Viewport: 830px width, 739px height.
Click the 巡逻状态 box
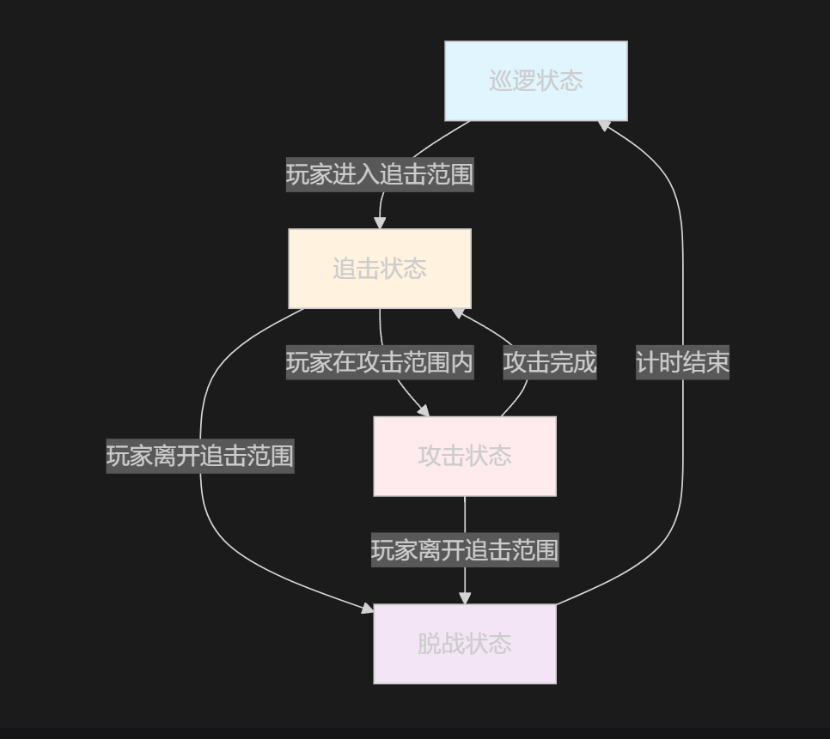[x=535, y=81]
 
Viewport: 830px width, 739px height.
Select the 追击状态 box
[x=379, y=269]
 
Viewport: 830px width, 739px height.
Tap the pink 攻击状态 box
[x=464, y=456]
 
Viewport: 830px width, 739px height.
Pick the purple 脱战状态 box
[x=464, y=644]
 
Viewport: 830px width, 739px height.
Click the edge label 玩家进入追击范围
[x=379, y=175]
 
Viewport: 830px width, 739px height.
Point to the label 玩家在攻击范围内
[x=379, y=362]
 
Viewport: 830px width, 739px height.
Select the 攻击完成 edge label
[x=549, y=362]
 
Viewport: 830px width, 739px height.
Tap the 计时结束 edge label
[x=682, y=362]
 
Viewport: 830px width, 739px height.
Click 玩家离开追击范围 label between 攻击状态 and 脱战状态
[x=464, y=550]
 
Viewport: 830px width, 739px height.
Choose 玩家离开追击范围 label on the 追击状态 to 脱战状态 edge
[x=199, y=456]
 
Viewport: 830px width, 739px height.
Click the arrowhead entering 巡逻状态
[x=604, y=125]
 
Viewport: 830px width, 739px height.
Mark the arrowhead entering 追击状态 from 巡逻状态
[x=379, y=223]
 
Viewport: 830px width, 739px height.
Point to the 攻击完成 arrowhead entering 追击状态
[x=459, y=313]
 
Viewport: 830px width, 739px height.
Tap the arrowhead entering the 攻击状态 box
[x=423, y=411]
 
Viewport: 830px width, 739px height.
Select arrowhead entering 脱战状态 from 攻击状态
[x=464, y=598]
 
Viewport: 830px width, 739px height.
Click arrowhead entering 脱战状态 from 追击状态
[x=368, y=609]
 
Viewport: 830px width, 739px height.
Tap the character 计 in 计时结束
[x=648, y=362]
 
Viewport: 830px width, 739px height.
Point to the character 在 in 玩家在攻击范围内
[x=344, y=362]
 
